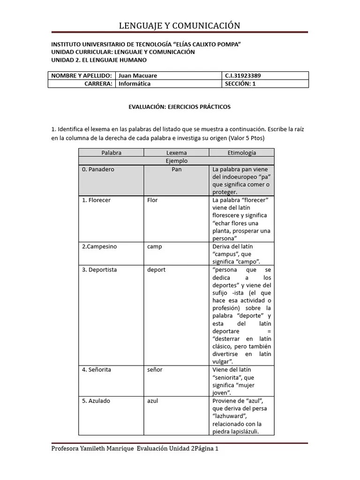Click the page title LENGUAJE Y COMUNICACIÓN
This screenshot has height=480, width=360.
pyautogui.click(x=180, y=25)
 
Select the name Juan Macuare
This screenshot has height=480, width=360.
pyautogui.click(x=138, y=75)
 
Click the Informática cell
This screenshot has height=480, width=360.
pyautogui.click(x=135, y=84)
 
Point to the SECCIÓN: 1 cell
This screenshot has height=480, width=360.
pyautogui.click(x=240, y=84)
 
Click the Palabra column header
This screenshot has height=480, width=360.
pyautogui.click(x=112, y=153)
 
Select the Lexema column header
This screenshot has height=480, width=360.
pyautogui.click(x=176, y=153)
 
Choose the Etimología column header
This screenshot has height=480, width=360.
pyautogui.click(x=241, y=153)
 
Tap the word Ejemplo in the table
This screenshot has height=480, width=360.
pyautogui.click(x=176, y=161)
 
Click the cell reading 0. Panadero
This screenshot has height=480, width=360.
pyautogui.click(x=98, y=169)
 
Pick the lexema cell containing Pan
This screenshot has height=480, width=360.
pyautogui.click(x=176, y=169)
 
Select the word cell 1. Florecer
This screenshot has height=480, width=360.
pyautogui.click(x=96, y=200)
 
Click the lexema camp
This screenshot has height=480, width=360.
pyautogui.click(x=154, y=247)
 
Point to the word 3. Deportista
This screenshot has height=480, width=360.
pyautogui.click(x=99, y=270)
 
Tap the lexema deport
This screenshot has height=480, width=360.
pyautogui.click(x=156, y=270)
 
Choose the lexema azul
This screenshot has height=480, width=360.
pyautogui.click(x=153, y=401)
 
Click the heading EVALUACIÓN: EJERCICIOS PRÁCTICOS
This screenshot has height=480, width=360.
pyautogui.click(x=180, y=107)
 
